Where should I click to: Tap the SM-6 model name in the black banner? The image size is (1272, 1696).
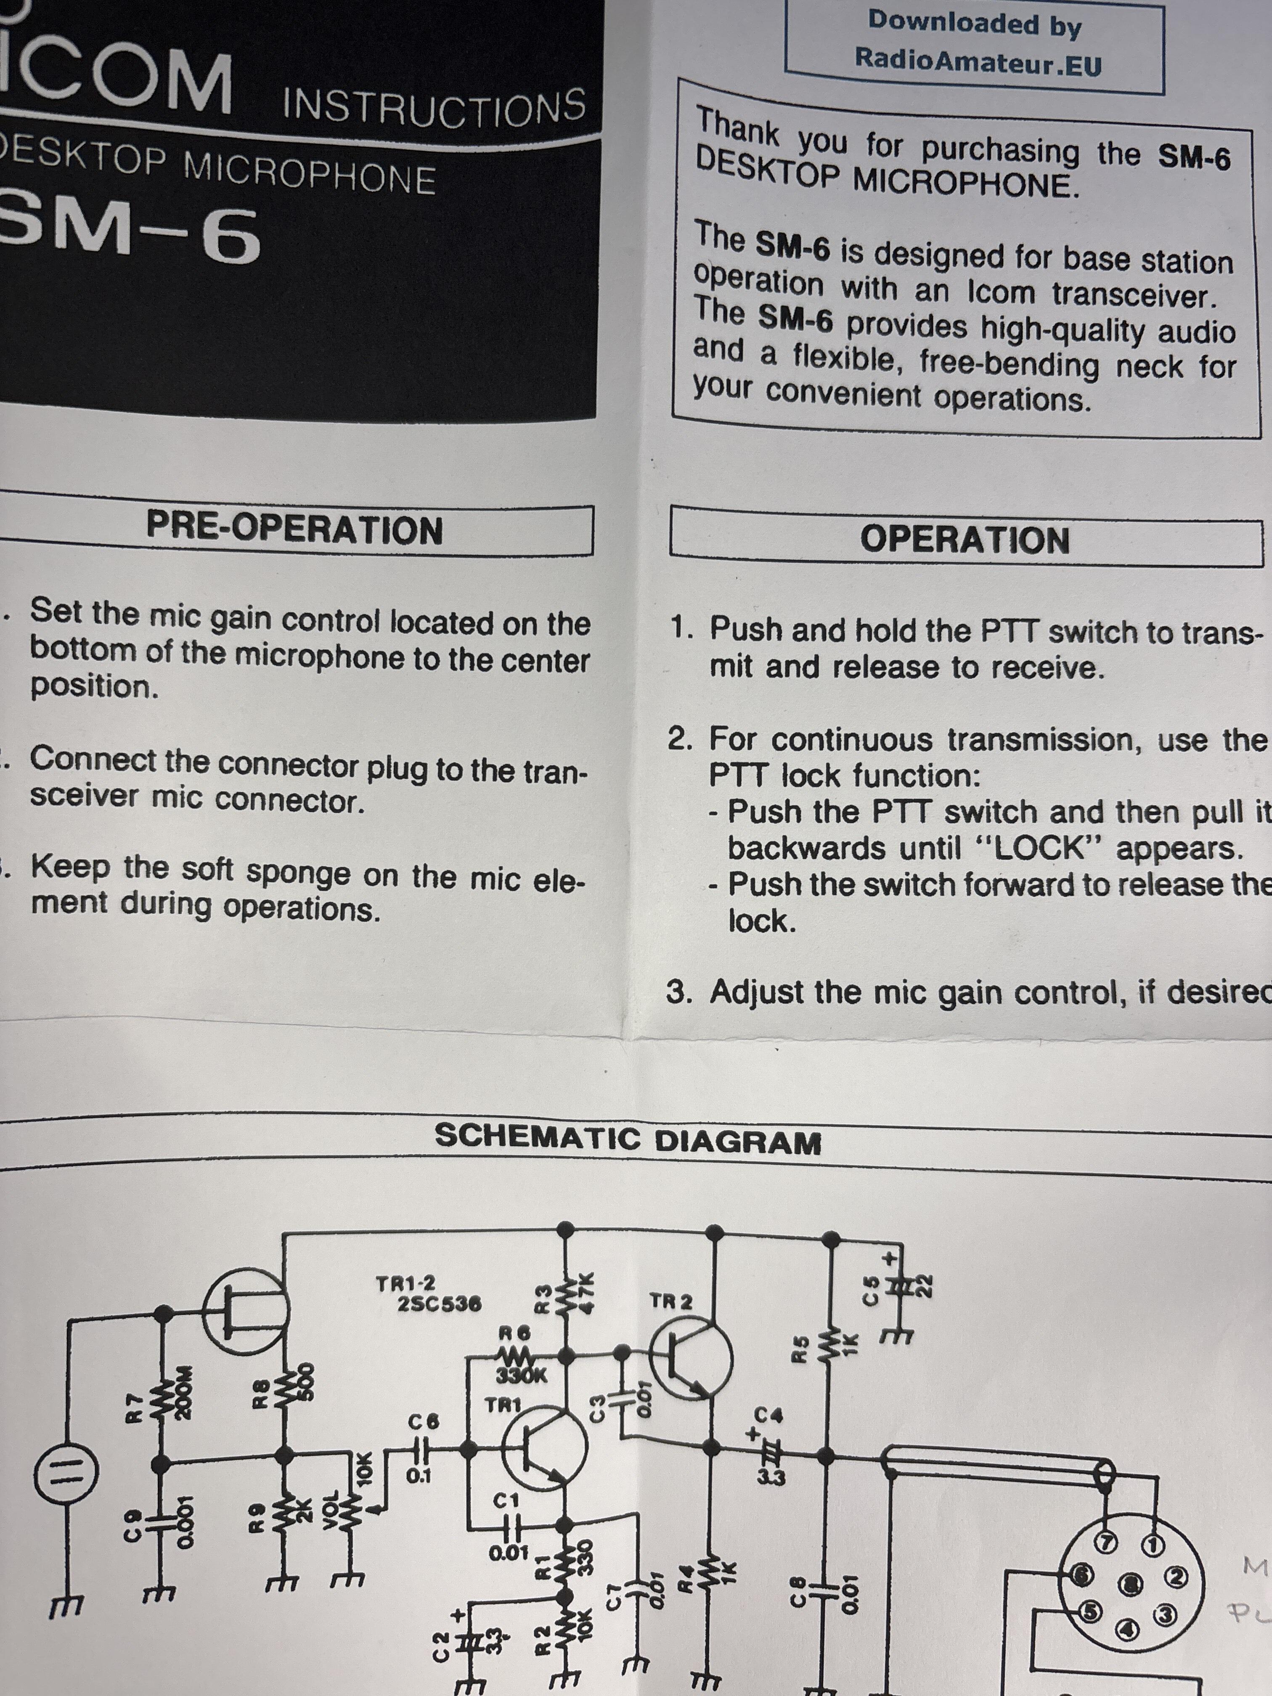130,234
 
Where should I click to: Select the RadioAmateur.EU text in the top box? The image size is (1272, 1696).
978,60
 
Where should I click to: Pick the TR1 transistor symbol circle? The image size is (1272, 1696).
544,1447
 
